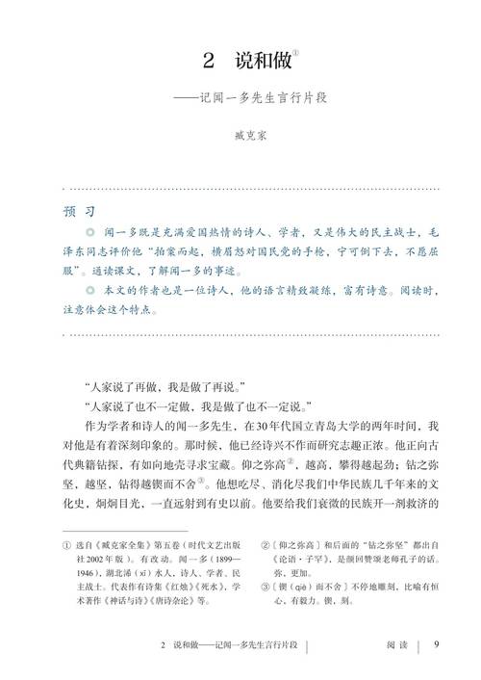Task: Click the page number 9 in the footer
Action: (x=436, y=645)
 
